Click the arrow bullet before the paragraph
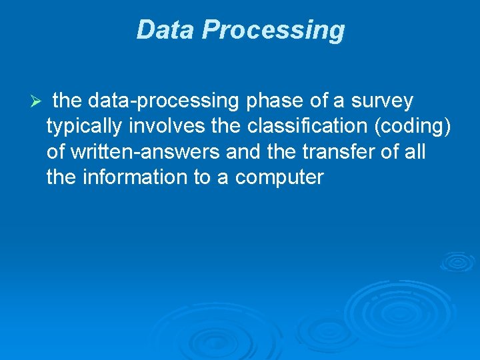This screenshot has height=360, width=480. (37, 102)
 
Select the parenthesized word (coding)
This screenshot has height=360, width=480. (420, 127)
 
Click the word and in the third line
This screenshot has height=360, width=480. (245, 152)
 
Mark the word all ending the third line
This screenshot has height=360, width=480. (415, 152)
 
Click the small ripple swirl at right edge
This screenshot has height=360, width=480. (459, 261)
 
